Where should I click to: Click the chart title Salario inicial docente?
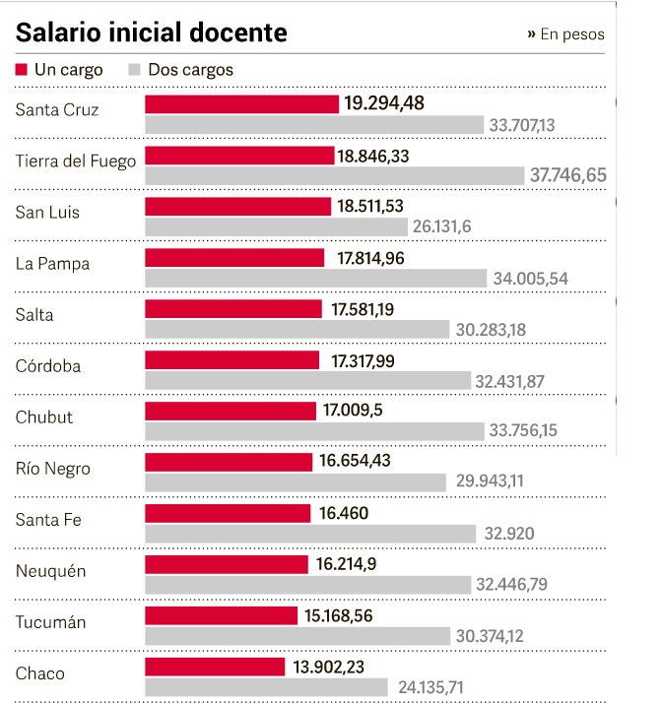(x=152, y=32)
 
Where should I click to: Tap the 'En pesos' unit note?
(x=566, y=34)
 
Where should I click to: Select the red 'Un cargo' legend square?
(x=22, y=70)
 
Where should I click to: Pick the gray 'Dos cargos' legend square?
(x=135, y=70)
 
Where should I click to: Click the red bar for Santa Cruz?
(x=241, y=103)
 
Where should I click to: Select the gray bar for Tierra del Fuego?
(x=334, y=176)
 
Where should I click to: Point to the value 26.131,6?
(x=442, y=226)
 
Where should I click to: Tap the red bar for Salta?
(x=233, y=309)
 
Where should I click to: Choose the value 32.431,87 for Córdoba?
(x=509, y=381)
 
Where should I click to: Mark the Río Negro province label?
(x=53, y=469)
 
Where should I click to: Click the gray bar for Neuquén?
(x=306, y=585)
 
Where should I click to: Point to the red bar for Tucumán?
(x=221, y=615)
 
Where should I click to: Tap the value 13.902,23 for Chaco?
(x=343, y=667)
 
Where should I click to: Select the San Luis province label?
(x=47, y=213)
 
